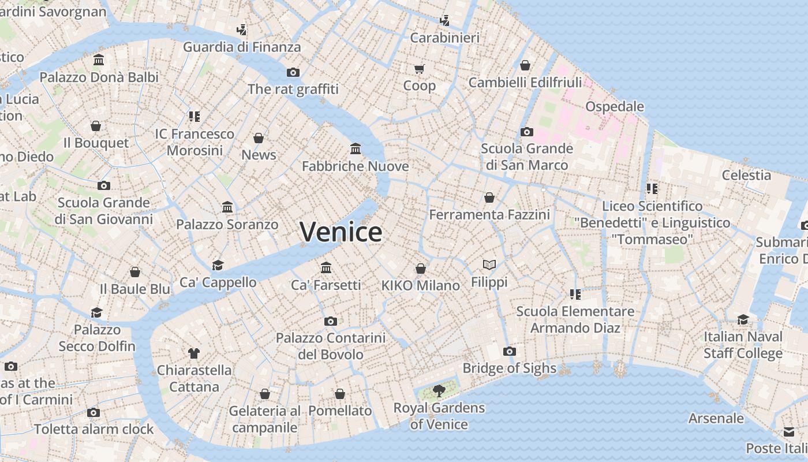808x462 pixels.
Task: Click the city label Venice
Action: point(341,232)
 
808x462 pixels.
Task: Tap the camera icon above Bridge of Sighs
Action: point(509,351)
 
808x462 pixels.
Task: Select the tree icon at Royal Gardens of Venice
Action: point(439,391)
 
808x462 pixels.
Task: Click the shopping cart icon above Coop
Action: point(420,69)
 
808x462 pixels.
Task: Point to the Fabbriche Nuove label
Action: point(355,166)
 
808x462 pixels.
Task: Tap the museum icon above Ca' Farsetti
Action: point(326,267)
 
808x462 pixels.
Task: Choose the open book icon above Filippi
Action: point(489,265)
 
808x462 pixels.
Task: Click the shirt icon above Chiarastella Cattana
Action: point(194,353)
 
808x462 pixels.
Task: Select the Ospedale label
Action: point(615,106)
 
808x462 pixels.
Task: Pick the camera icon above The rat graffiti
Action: point(293,72)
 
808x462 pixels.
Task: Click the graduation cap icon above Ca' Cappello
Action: point(218,265)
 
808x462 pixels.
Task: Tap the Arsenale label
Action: point(716,418)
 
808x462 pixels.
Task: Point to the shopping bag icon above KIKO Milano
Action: point(421,269)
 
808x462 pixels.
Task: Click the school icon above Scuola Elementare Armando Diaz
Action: point(575,295)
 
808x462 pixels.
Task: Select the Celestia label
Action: point(746,175)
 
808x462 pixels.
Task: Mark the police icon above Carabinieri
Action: point(444,21)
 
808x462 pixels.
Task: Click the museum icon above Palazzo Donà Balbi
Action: point(99,60)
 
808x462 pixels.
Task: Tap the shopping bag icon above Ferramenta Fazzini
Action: point(489,198)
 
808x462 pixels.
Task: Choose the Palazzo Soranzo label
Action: point(227,224)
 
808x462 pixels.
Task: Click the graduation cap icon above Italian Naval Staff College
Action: point(743,319)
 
